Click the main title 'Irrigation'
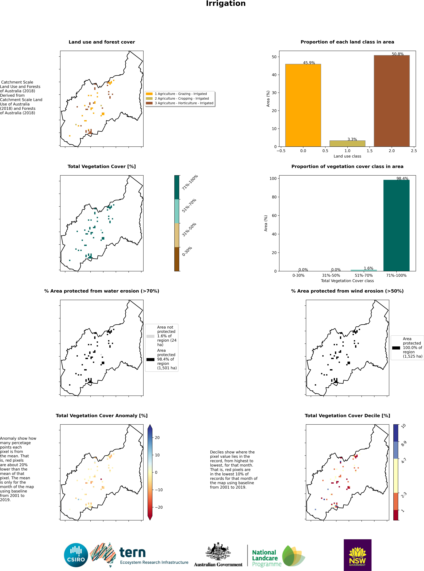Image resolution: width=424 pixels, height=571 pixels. (226, 4)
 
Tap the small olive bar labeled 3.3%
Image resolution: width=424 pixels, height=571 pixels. (347, 144)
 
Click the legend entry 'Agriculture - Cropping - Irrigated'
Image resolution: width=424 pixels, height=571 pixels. (181, 98)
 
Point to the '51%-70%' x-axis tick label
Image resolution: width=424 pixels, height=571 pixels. (364, 275)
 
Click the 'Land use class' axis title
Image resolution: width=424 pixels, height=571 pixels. (347, 156)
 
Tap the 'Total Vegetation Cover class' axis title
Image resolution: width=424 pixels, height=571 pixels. (347, 281)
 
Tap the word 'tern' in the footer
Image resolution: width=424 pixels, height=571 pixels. (132, 552)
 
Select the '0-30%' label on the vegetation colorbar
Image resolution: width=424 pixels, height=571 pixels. (187, 251)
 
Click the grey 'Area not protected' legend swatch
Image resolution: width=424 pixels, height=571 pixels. (150, 336)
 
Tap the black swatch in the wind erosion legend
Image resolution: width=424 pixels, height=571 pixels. (396, 348)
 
